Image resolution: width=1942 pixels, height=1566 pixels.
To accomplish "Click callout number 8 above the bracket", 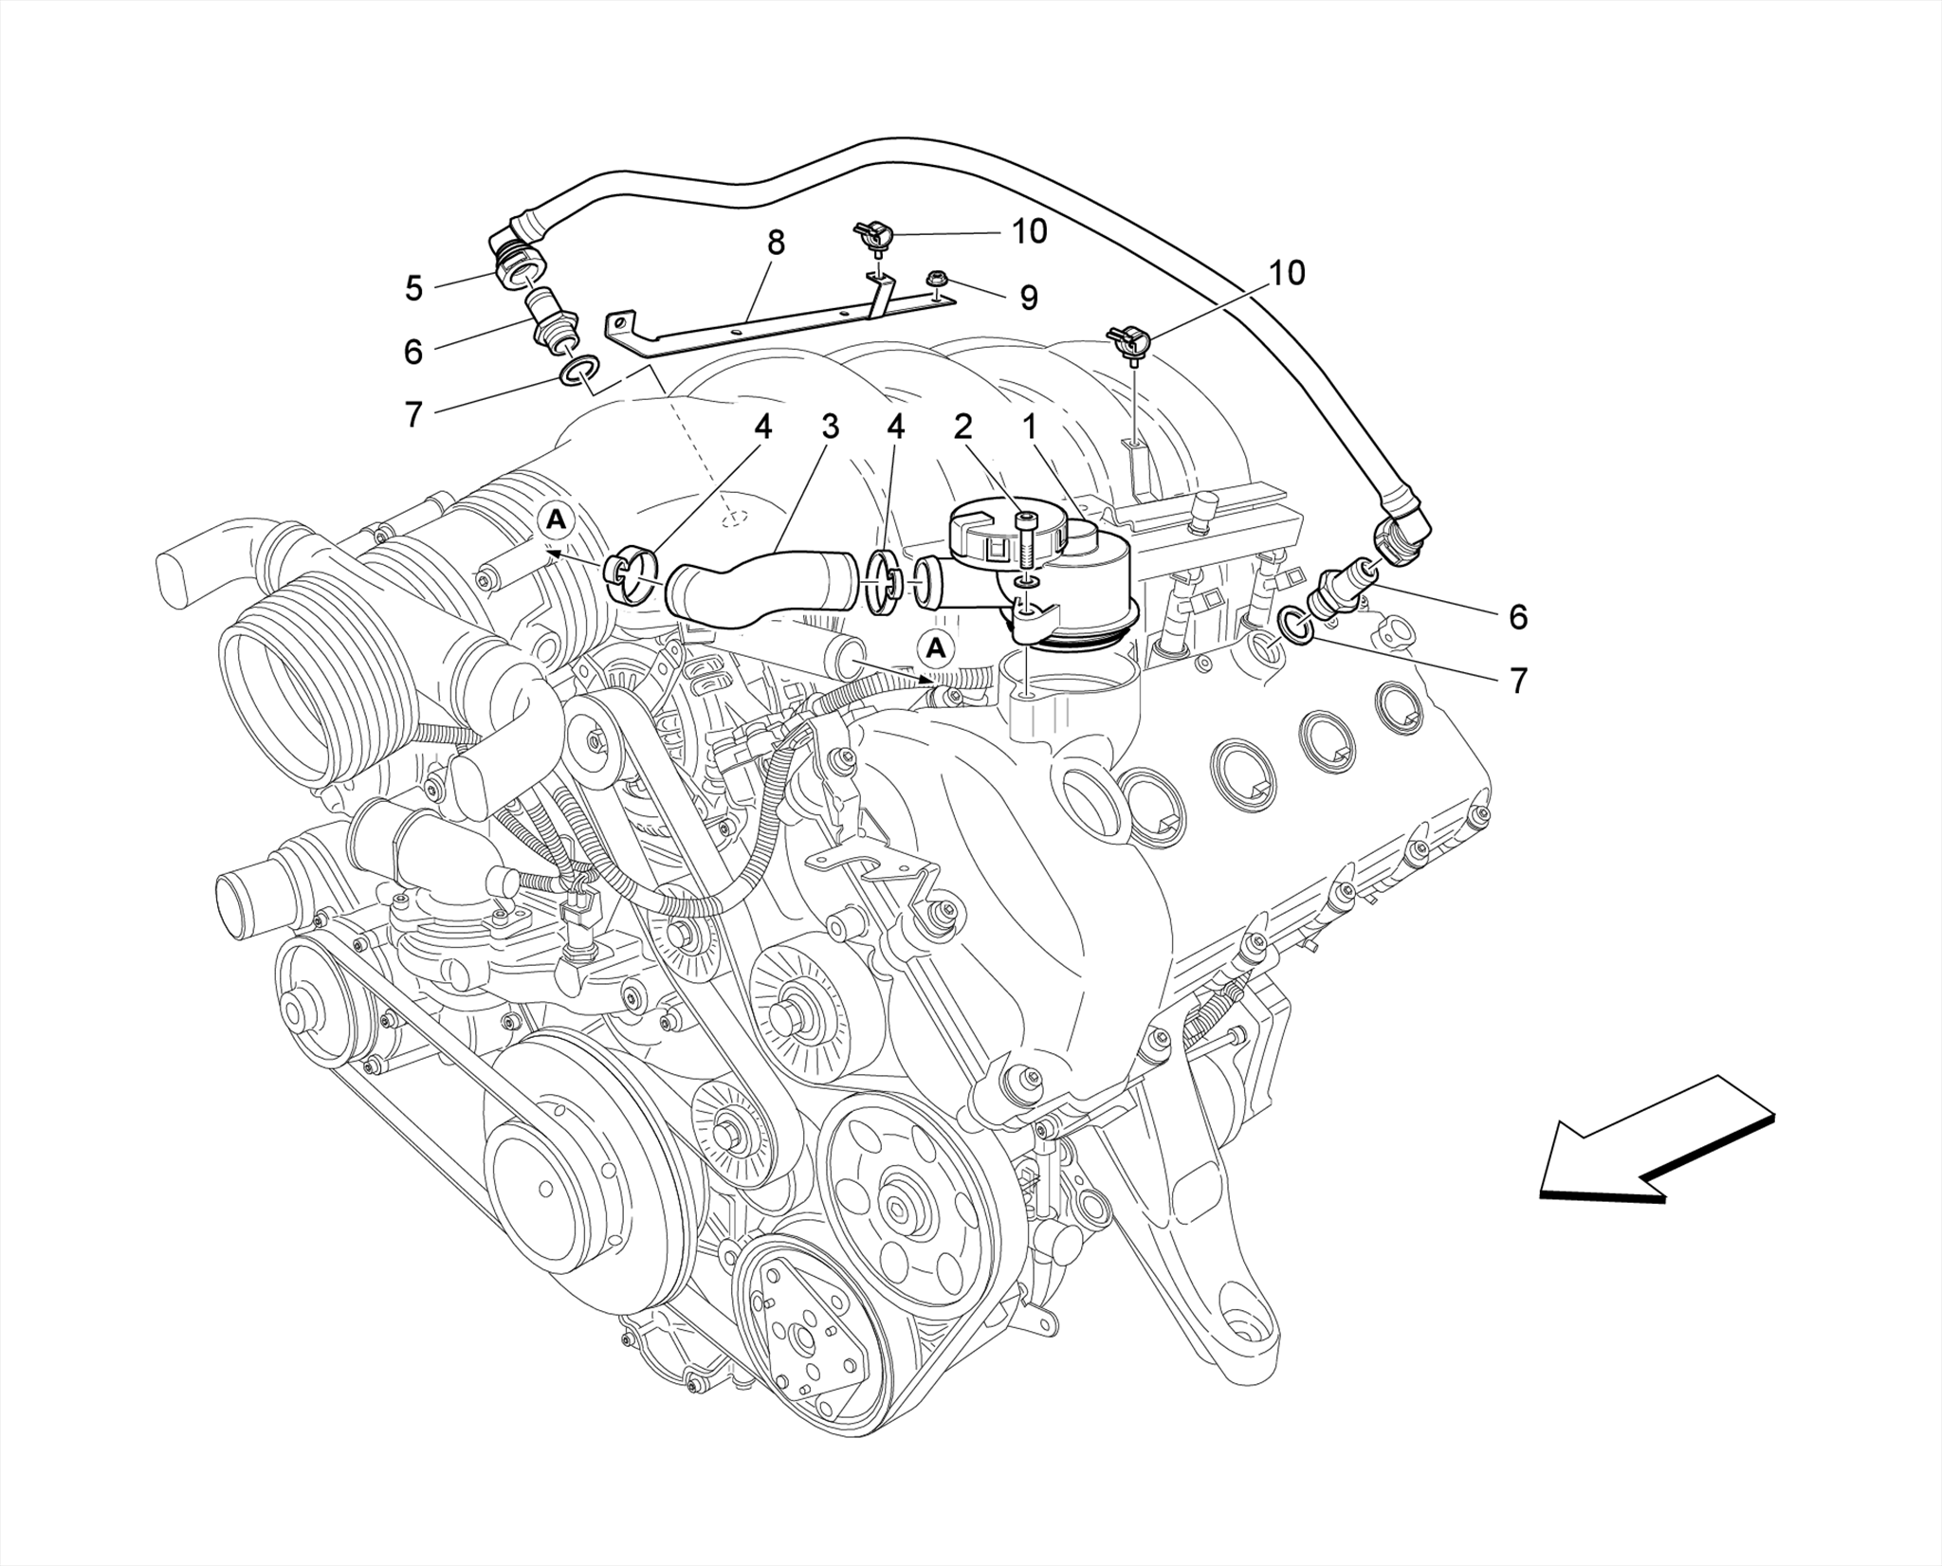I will pos(776,244).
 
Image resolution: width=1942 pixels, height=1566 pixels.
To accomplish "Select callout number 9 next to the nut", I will pos(1028,299).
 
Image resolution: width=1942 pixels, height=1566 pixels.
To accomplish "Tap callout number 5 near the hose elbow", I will pos(412,288).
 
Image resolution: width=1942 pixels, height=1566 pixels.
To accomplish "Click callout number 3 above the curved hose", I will pos(830,427).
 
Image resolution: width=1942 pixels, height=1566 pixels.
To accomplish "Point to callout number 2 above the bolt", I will pos(962,427).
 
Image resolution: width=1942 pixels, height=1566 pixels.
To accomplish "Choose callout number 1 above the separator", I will pos(1028,427).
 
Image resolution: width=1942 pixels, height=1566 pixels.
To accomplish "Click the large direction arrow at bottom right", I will pos(1655,1144).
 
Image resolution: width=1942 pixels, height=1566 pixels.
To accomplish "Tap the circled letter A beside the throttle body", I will pos(557,519).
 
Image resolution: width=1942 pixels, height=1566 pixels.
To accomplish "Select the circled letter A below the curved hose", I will pos(936,648).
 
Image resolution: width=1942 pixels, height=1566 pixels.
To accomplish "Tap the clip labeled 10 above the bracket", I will pos(874,233).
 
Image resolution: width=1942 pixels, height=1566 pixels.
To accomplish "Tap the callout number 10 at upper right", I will pos(1286,273).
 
